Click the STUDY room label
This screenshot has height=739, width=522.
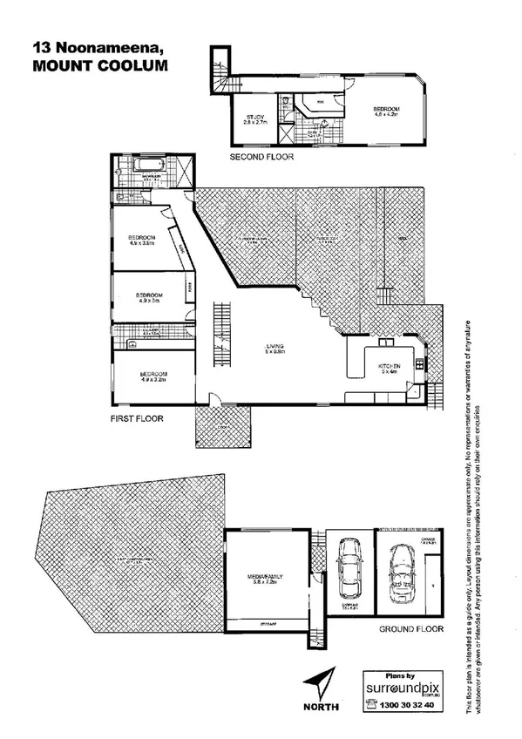tap(255, 118)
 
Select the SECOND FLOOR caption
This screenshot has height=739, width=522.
tap(261, 158)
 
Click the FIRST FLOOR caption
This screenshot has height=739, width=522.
tap(138, 417)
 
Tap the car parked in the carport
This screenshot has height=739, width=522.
tap(347, 566)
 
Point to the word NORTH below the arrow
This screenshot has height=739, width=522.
tap(322, 708)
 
